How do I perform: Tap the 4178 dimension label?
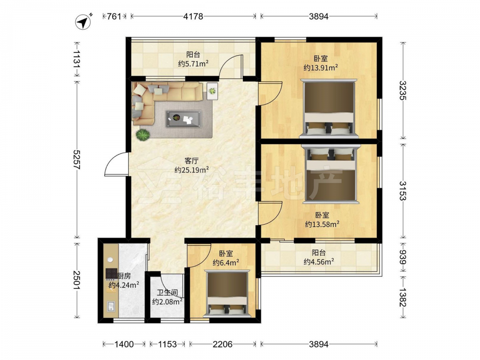tap(193, 16)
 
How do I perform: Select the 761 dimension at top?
tap(114, 16)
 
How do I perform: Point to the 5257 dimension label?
tap(76, 160)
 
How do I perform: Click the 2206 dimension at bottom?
tap(223, 344)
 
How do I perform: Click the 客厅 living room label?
tap(192, 161)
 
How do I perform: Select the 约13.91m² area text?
tap(321, 68)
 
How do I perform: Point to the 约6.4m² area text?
tap(226, 263)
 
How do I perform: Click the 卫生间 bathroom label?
tap(168, 293)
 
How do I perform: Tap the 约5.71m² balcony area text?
tap(193, 64)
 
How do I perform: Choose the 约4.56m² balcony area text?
tap(319, 262)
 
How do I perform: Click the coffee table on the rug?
tap(184, 119)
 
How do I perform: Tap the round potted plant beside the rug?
tap(143, 135)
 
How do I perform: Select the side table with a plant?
tap(212, 91)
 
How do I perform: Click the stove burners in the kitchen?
tap(111, 274)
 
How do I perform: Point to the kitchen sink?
tap(111, 306)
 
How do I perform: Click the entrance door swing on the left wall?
tap(116, 164)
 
